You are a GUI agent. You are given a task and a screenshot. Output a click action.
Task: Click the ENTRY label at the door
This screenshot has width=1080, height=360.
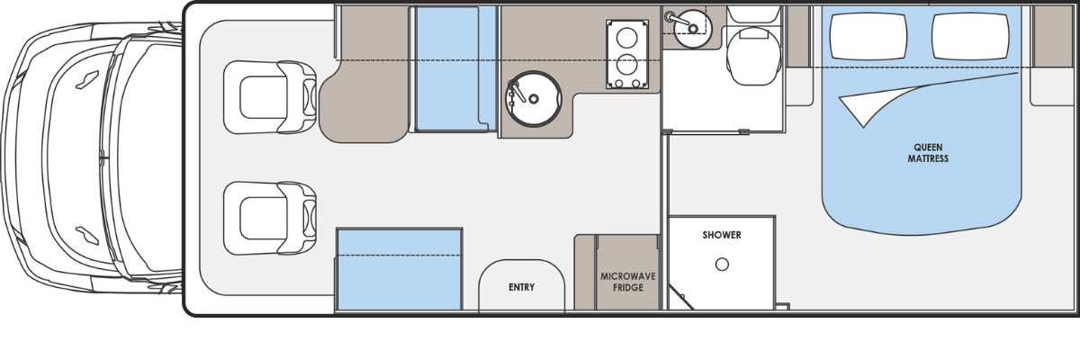coord(522,287)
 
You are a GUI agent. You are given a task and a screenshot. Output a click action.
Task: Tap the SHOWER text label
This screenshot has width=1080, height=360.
coord(722,235)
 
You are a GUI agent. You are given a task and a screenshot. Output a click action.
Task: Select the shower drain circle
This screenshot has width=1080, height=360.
coord(722,264)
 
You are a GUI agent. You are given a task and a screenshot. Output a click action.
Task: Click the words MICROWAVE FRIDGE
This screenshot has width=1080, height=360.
coord(628,282)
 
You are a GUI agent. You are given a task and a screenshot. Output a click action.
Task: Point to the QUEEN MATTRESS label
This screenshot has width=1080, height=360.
coord(928,153)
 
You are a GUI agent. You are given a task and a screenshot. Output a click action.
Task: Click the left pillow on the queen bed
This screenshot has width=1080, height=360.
coord(868,36)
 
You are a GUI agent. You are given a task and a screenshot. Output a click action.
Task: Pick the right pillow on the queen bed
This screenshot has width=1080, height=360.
coord(970,36)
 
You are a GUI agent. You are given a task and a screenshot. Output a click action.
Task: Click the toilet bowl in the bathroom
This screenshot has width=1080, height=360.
coord(753,56)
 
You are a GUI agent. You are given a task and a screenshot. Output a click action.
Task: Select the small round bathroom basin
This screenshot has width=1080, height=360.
coord(692,29)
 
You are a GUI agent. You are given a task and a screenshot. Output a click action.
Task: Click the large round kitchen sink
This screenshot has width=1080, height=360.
coord(533,99)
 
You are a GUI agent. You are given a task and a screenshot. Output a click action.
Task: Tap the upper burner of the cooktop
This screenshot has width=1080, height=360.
coord(626,38)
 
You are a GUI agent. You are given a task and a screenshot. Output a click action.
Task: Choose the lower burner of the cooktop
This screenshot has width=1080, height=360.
coord(626,64)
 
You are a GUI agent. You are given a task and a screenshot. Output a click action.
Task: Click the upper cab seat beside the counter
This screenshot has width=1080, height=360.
coord(270,97)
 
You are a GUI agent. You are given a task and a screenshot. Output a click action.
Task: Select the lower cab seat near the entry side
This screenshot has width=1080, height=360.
coord(270,218)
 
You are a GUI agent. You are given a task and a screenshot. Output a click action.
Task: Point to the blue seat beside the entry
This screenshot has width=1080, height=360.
coord(400,269)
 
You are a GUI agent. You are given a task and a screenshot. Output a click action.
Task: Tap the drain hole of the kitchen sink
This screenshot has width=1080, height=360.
coord(533,99)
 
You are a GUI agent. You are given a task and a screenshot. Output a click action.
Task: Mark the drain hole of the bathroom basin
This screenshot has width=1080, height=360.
coord(693,29)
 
